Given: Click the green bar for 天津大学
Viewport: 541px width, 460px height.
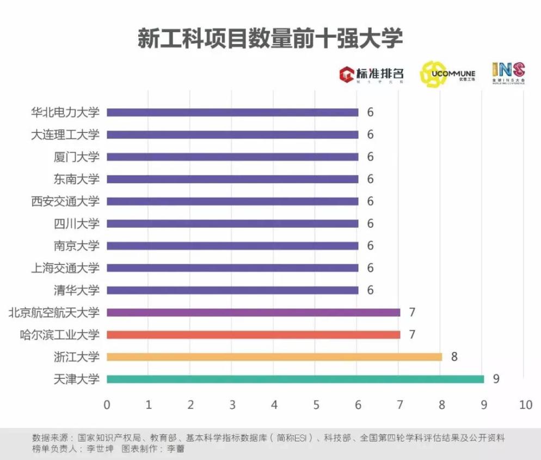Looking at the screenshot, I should tap(295, 379).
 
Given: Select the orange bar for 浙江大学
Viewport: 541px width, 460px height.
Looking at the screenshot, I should tap(274, 357).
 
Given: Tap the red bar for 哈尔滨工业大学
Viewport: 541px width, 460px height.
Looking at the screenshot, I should tap(253, 335).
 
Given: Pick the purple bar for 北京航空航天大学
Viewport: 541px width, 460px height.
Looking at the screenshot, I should tap(253, 312).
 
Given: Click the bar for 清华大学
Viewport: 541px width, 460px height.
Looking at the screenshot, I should tap(232, 290).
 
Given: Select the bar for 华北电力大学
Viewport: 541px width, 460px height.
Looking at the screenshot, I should tap(232, 112).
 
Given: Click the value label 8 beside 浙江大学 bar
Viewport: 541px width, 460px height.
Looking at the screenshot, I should tap(454, 357).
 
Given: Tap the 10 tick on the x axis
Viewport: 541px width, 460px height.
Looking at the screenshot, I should tap(525, 405).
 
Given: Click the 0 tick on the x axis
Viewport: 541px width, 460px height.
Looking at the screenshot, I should tap(107, 405).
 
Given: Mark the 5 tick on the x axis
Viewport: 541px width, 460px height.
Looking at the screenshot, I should tap(316, 405).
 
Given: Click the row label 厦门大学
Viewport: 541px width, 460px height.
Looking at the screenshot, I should tap(77, 157).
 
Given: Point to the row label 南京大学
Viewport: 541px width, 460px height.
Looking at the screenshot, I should tap(77, 246).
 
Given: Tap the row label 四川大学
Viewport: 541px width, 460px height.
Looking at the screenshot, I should tap(77, 223).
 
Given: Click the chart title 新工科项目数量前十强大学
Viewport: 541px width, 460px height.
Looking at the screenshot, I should tap(270, 39).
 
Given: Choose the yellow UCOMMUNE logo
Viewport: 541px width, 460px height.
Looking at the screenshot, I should tap(447, 73).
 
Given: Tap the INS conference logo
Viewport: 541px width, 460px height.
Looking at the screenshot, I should tap(508, 72).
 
